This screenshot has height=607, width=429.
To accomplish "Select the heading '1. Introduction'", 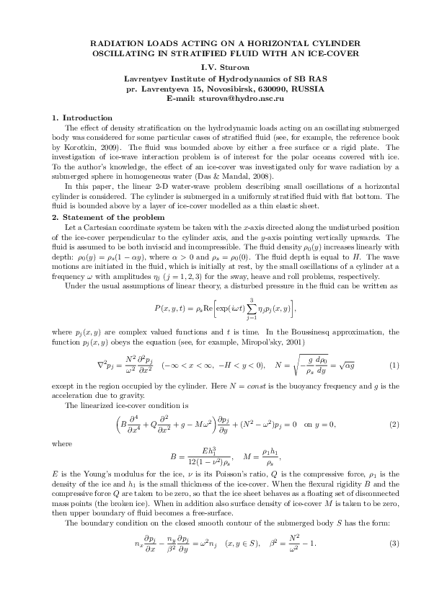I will pyautogui.click(x=79, y=117).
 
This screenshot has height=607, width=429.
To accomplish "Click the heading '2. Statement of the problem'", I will pyautogui.click(x=108, y=218).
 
